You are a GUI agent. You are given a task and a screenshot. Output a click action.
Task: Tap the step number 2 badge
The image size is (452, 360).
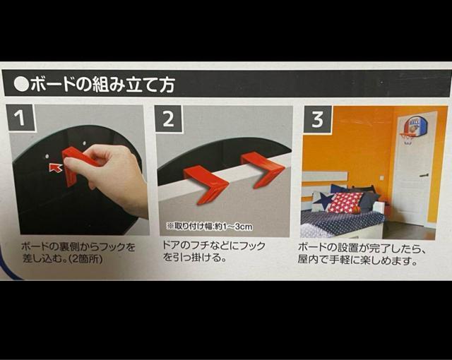point(168,119)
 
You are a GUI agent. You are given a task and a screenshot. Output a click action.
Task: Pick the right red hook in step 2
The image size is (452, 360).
point(262,168)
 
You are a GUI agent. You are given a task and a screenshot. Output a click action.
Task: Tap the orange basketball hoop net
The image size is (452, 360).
point(408,138)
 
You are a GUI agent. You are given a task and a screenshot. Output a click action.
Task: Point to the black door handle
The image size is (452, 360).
point(423,175)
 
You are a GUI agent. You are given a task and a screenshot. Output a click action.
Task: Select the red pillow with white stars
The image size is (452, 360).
point(346,203)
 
